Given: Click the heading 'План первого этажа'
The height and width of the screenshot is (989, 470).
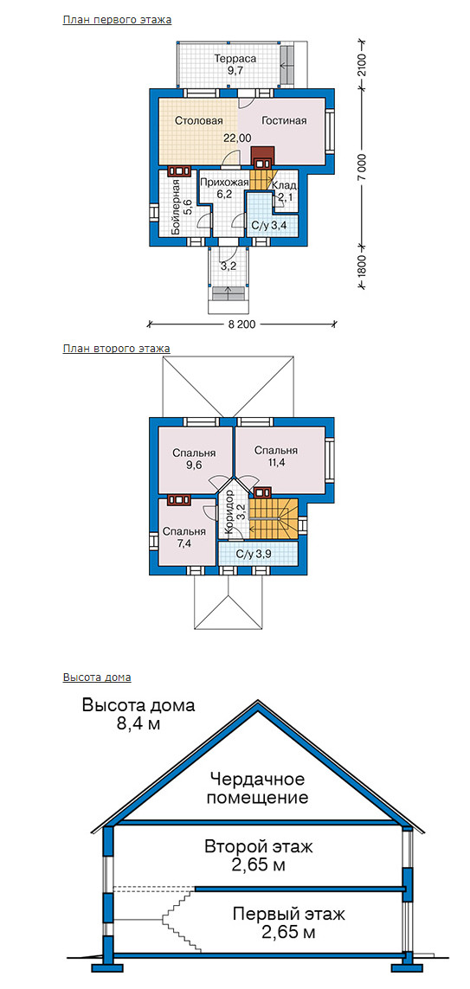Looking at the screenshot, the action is click(118, 20).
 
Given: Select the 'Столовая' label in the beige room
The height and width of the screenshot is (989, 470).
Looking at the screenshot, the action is click(198, 120).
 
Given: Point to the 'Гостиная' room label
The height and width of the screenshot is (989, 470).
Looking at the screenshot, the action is click(284, 121).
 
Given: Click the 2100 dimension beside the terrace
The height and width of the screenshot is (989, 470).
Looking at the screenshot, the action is click(361, 65).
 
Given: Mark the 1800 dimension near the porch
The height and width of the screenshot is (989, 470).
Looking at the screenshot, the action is click(361, 265).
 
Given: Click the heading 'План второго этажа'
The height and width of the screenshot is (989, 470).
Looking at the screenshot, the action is click(117, 348).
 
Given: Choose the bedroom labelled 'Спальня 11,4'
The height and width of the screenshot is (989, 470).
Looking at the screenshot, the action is click(276, 457).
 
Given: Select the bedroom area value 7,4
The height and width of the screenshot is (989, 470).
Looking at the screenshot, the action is click(184, 543).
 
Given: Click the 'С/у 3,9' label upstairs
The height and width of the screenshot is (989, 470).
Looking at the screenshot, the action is click(257, 554).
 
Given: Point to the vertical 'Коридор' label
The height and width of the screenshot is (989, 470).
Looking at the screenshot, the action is click(229, 513).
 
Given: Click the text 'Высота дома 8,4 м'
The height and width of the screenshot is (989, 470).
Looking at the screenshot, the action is click(138, 714).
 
